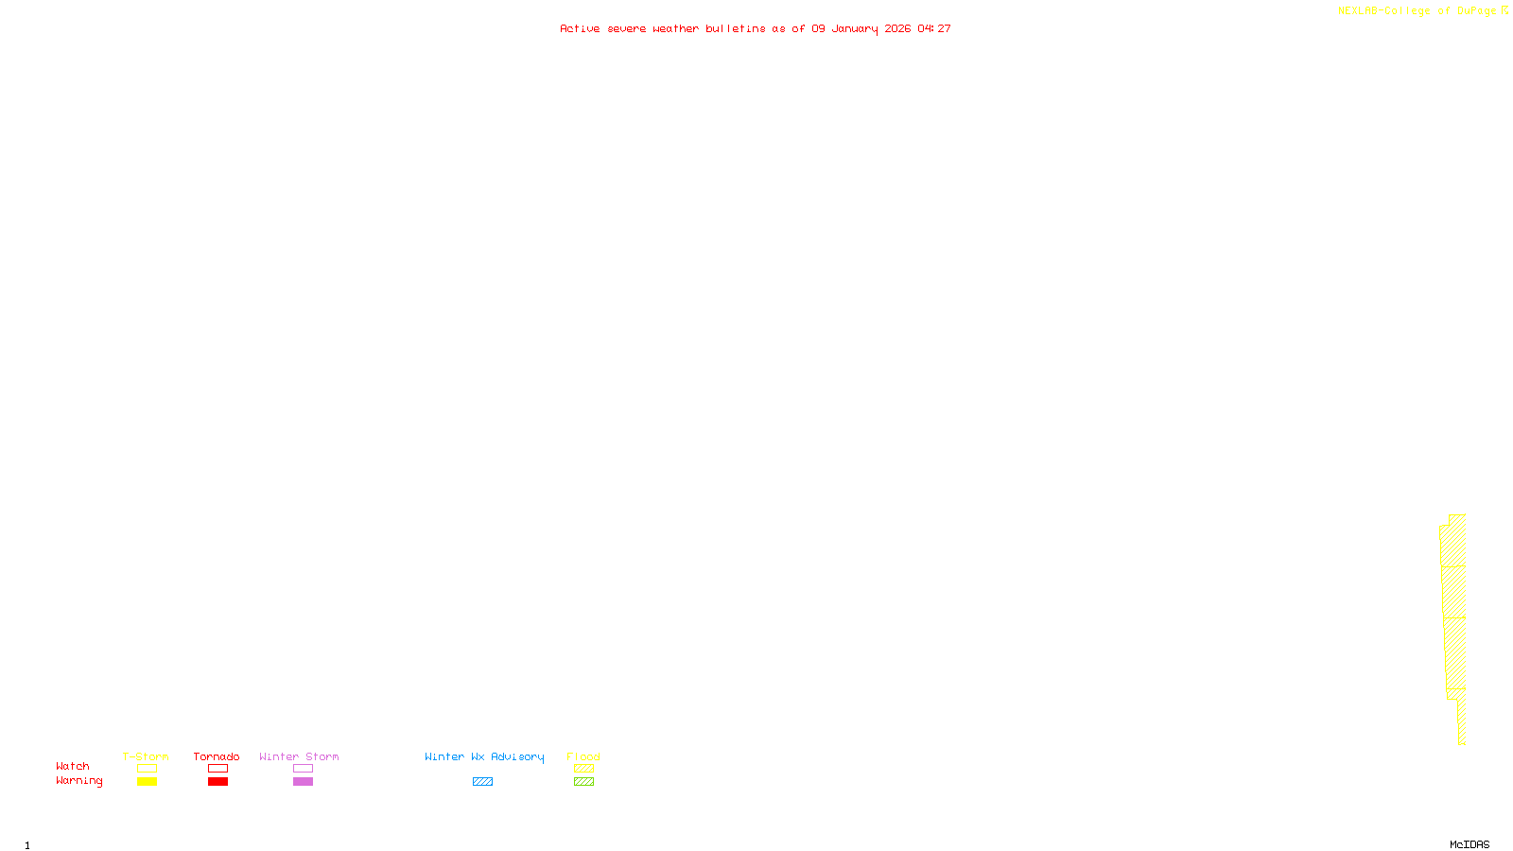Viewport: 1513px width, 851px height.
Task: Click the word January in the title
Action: pyautogui.click(x=854, y=28)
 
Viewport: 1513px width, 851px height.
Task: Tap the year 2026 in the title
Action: pyautogui.click(x=897, y=28)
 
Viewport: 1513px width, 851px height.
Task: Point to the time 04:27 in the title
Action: pyautogui.click(x=934, y=28)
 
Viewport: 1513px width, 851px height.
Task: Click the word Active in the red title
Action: pyautogui.click(x=580, y=28)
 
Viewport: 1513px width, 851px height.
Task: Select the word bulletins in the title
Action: pyautogui.click(x=736, y=28)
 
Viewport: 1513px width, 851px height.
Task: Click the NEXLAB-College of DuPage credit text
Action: pyautogui.click(x=1417, y=10)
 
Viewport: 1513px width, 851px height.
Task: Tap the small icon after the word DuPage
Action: pyautogui.click(x=1504, y=10)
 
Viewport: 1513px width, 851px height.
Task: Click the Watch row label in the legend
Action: pyautogui.click(x=73, y=766)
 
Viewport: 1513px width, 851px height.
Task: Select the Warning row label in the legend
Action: pyautogui.click(x=78, y=781)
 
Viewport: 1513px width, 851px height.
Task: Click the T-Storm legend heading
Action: pyautogui.click(x=146, y=756)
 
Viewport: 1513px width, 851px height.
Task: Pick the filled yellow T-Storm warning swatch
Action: pyautogui.click(x=147, y=782)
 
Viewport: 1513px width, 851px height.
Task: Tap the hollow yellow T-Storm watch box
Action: pyautogui.click(x=147, y=769)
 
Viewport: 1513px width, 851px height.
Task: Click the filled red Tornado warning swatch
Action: pyautogui.click(x=218, y=782)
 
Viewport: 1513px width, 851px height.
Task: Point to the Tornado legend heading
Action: pyautogui.click(x=217, y=756)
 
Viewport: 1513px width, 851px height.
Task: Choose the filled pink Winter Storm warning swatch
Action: pyautogui.click(x=303, y=782)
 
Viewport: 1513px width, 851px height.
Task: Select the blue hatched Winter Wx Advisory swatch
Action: pyautogui.click(x=482, y=782)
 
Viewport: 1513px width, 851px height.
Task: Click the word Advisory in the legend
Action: pyautogui.click(x=517, y=756)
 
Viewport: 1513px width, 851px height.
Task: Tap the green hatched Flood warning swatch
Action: pyautogui.click(x=583, y=782)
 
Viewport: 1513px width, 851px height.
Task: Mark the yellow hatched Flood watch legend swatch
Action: pyautogui.click(x=583, y=769)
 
